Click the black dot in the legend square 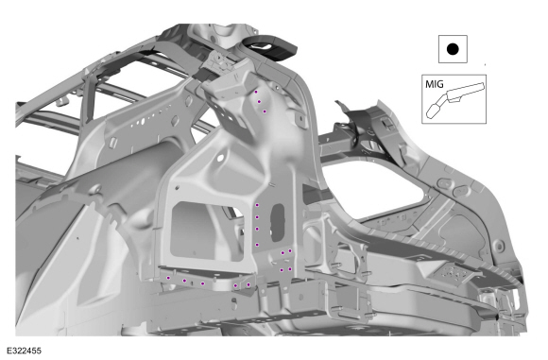453,49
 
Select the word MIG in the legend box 435,84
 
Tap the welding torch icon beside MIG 455,100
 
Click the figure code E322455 24,351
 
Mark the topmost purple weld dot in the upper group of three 256,92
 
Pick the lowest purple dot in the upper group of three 265,111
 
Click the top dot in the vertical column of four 257,205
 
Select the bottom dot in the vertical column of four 257,245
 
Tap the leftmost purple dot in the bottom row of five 168,278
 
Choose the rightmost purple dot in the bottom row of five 248,284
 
